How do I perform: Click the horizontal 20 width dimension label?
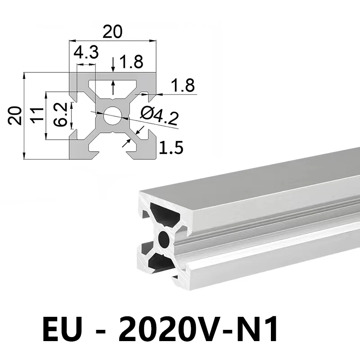pos(112,31)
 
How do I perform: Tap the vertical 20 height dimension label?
pos(15,116)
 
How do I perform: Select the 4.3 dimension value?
pos(86,52)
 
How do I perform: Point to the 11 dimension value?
pos(38,115)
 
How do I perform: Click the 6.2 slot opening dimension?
pos(61,114)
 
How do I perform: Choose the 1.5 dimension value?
pos(171,148)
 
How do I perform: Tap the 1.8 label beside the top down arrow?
pos(131,62)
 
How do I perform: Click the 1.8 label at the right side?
pos(183,85)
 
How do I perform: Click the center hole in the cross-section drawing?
pos(112,116)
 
